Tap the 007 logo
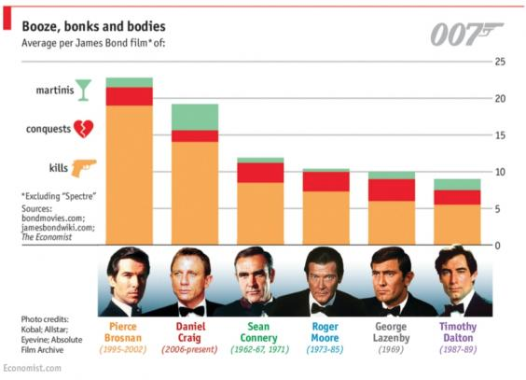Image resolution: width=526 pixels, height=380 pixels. (466, 35)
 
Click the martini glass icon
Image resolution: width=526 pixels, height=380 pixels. (84, 90)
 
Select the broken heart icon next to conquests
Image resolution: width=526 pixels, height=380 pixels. (83, 129)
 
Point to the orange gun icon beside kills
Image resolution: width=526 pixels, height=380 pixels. (84, 167)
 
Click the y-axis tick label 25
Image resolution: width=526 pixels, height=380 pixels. (500, 63)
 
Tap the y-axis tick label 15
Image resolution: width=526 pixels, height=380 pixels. (500, 136)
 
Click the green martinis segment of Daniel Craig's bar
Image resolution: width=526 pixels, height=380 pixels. (194, 117)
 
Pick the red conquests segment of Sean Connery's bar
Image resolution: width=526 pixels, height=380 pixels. (260, 173)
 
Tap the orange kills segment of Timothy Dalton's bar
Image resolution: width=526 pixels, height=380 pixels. (456, 224)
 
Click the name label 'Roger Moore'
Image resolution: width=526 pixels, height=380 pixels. (325, 333)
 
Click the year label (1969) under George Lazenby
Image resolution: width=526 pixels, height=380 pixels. (391, 349)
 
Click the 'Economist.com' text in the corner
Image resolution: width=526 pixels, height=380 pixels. (32, 369)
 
